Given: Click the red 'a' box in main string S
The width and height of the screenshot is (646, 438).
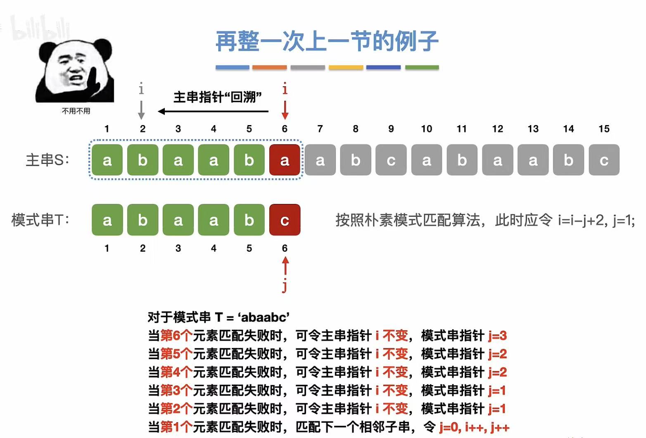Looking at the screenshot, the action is click(285, 160).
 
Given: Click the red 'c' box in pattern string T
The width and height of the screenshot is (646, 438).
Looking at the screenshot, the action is click(285, 220).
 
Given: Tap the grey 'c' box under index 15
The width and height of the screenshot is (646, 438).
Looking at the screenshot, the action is click(604, 160).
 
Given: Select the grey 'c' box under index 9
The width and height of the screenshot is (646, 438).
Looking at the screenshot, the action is click(391, 160).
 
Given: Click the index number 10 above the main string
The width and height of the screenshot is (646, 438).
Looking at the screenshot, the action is click(426, 129).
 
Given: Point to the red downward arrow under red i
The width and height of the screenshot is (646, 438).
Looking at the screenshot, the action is click(285, 109).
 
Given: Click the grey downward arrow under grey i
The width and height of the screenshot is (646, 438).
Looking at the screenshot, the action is click(141, 109).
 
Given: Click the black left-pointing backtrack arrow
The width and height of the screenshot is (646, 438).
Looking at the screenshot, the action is click(213, 111).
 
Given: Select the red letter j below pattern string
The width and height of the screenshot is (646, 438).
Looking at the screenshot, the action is click(285, 286).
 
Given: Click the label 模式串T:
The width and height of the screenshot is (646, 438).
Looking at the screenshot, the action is click(40, 220).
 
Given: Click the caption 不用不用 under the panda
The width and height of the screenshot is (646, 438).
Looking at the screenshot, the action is click(76, 111).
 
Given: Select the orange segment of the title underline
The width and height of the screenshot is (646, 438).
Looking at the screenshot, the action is click(269, 67).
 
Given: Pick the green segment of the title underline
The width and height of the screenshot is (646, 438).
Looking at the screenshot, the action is click(422, 67).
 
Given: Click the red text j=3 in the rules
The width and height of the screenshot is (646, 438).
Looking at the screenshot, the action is click(497, 336).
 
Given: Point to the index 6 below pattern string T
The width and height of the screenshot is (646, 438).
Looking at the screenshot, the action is click(285, 248).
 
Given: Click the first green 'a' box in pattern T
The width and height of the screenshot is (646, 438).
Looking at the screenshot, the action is click(107, 220).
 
